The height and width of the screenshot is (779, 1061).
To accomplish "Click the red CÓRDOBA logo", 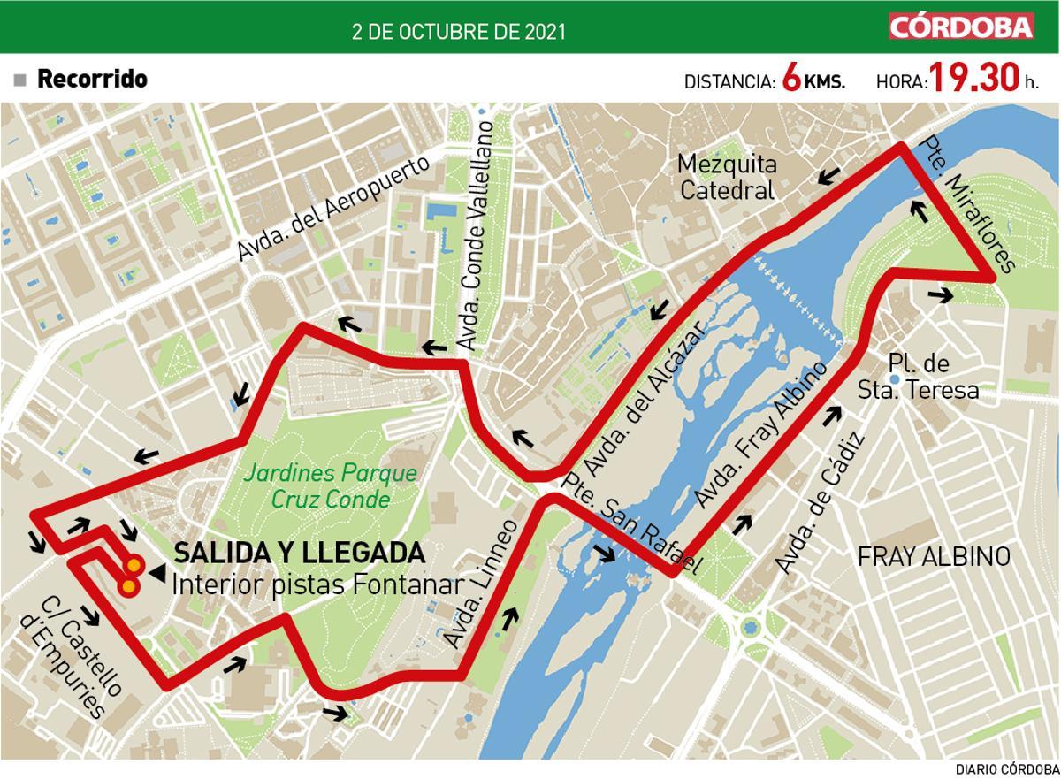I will tap(961, 27).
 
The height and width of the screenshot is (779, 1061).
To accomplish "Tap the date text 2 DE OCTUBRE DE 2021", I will tap(459, 32).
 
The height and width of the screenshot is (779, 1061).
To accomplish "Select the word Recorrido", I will tap(92, 79).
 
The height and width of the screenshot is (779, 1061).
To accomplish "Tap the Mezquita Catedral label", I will tap(727, 177).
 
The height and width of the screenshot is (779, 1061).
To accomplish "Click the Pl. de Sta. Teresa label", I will tap(919, 378).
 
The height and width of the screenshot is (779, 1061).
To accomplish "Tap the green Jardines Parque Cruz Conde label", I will tap(330, 485).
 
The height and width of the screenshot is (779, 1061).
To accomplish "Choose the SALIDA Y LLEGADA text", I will tap(299, 554).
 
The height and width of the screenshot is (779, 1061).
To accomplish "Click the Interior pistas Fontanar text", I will tap(317, 584).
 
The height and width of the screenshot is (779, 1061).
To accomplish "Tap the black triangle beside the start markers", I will tap(156, 575).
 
